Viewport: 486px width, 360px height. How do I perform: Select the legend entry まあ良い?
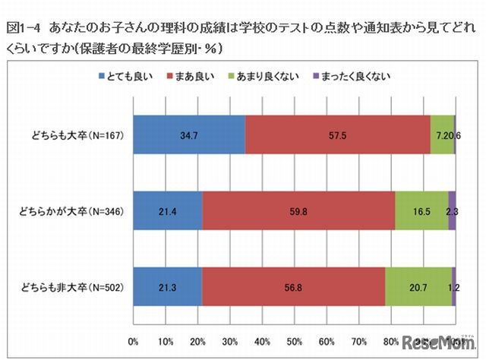(200, 76)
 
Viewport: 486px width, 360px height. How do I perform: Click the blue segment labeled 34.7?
(189, 136)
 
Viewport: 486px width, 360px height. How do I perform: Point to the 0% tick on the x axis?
(134, 339)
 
